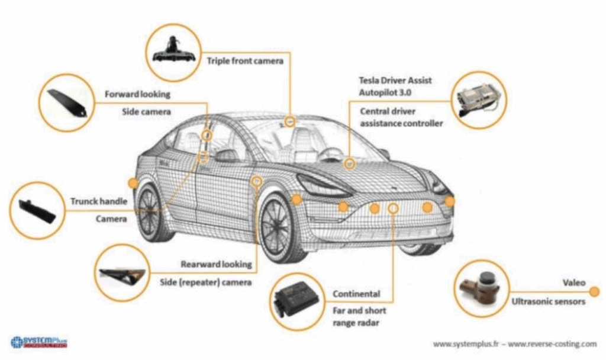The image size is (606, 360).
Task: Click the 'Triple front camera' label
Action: (x=244, y=60)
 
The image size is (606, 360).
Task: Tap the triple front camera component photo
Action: (x=172, y=50)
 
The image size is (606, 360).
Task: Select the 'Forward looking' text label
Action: (x=137, y=94)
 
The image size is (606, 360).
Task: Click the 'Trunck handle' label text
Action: (x=99, y=201)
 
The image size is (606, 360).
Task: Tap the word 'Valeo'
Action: (x=573, y=283)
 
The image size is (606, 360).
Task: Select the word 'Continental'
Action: (x=356, y=294)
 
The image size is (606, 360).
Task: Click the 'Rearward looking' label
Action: (x=217, y=264)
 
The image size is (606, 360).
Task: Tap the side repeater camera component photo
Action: (x=123, y=274)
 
